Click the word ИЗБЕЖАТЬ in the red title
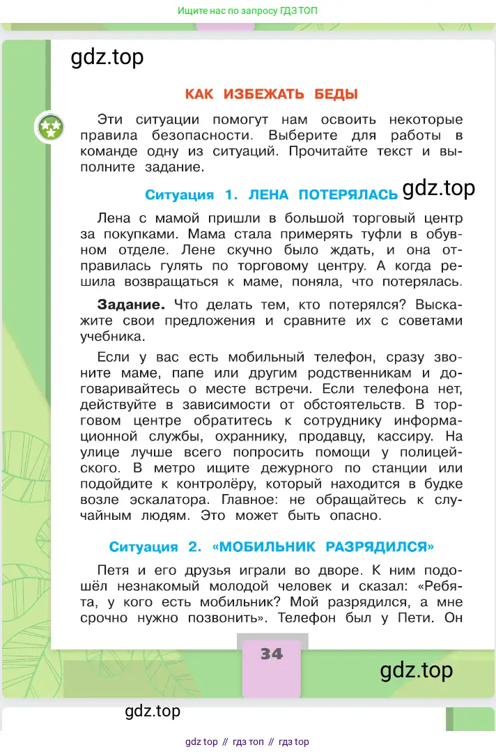[270, 94]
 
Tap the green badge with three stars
[50, 128]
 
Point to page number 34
[272, 654]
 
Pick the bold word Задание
[131, 305]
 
